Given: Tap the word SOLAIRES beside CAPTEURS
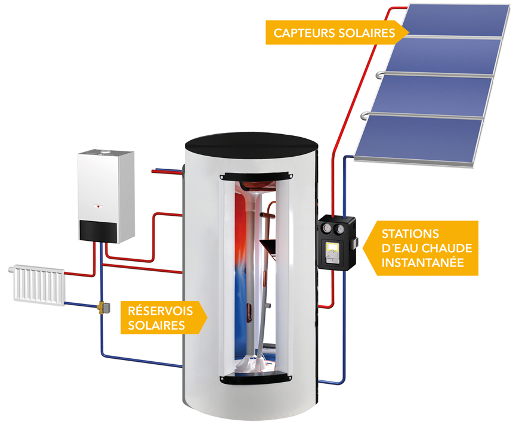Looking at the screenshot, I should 369,33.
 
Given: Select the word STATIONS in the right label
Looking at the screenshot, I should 410,234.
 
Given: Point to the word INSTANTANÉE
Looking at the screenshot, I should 423,262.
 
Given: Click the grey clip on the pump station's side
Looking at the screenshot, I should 355,244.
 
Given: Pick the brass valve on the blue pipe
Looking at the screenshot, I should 102,308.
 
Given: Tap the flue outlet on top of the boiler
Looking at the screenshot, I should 106,154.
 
